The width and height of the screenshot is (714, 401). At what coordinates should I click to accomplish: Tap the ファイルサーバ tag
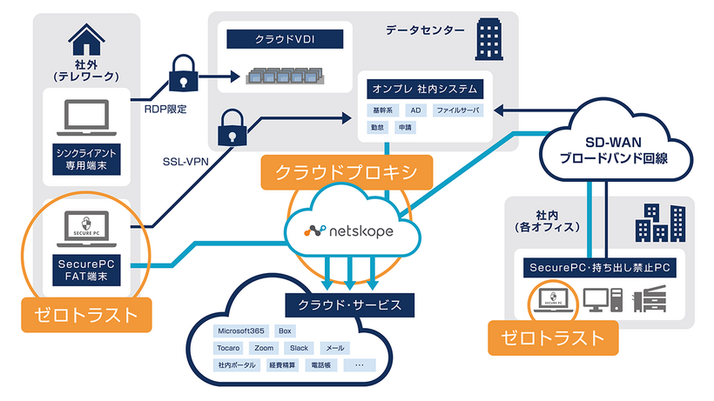coord(457,111)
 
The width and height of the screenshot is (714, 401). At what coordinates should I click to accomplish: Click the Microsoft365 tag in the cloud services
coord(240,331)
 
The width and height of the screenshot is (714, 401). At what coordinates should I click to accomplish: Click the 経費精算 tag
coord(284,365)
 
